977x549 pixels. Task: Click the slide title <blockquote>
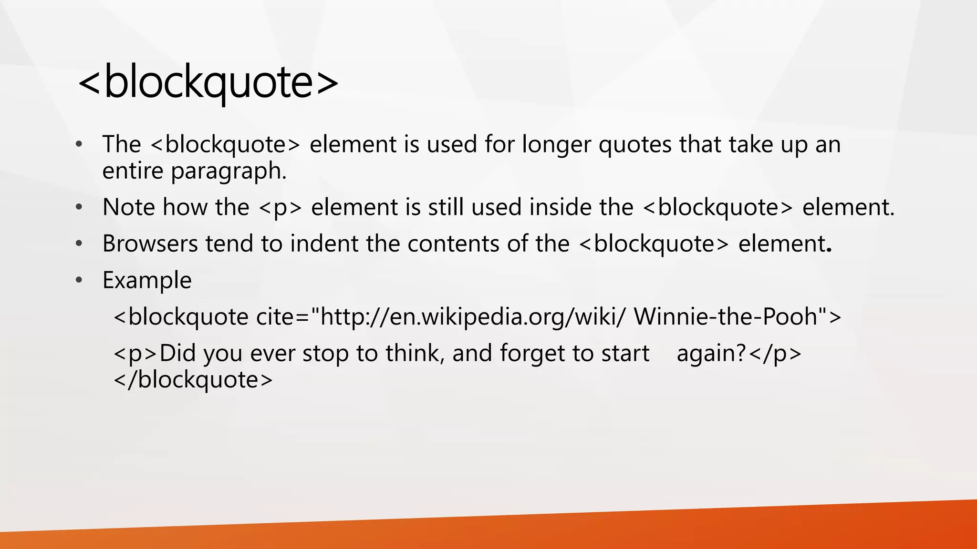(x=208, y=82)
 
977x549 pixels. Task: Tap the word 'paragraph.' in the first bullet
(x=229, y=171)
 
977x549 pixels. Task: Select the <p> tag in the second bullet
(x=280, y=207)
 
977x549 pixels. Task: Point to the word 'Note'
(x=128, y=207)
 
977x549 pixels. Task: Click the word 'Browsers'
(x=150, y=244)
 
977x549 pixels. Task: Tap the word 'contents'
(x=453, y=244)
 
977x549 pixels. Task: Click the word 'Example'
(x=147, y=280)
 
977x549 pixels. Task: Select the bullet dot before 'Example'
(x=79, y=280)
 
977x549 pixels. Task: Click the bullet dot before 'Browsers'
(x=79, y=244)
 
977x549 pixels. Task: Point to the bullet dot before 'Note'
(x=79, y=207)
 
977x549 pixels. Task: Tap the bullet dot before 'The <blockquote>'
(x=79, y=144)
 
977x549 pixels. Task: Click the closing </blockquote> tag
(x=193, y=380)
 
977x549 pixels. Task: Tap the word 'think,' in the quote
(x=415, y=353)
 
